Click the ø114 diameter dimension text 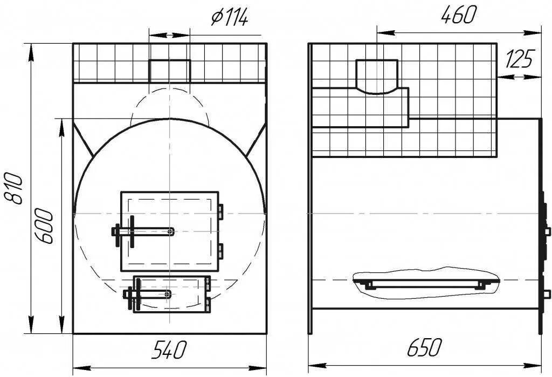point(230,18)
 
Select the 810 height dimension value point(15,188)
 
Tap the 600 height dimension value point(46,226)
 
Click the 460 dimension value point(459,16)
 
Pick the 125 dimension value point(519,59)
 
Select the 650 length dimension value point(424,347)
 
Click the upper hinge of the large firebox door point(220,211)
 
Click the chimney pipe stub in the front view point(169,70)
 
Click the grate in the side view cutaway point(425,282)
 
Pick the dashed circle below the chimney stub point(169,105)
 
